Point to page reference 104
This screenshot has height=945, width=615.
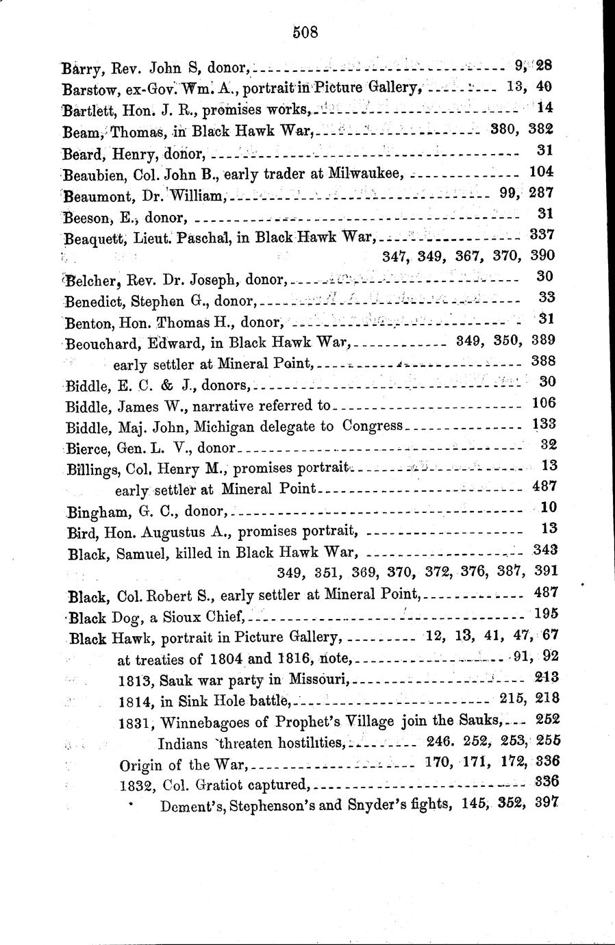542,171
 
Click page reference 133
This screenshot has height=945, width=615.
544,424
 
